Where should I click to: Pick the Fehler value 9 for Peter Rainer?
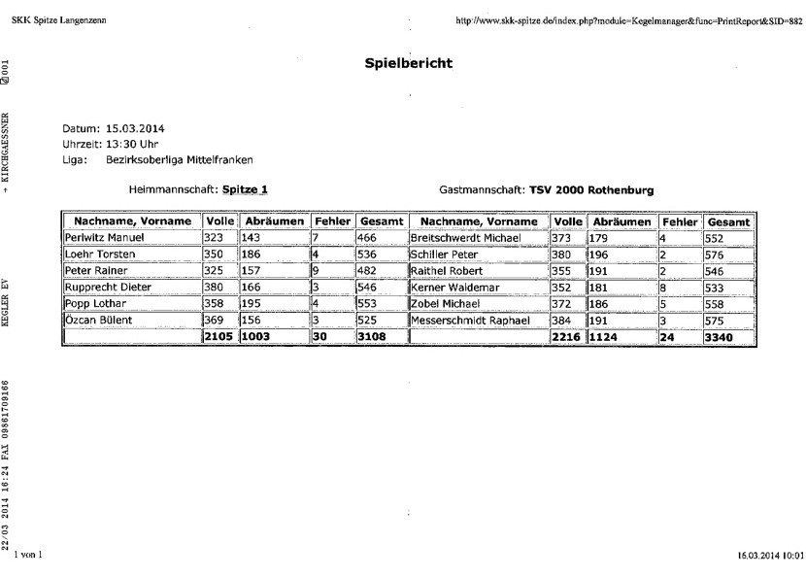(x=317, y=271)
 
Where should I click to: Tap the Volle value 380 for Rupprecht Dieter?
(x=216, y=288)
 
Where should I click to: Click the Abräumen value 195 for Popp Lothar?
(x=254, y=304)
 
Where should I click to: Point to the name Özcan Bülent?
(x=98, y=321)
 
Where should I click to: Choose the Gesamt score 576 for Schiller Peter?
(x=719, y=255)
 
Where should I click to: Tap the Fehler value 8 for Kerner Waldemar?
(x=663, y=288)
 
